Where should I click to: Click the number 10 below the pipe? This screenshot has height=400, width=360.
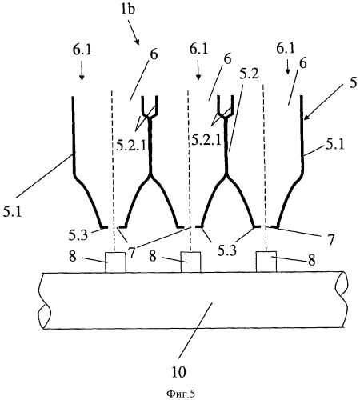click(x=178, y=371)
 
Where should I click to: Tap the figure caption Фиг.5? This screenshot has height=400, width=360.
click(x=181, y=394)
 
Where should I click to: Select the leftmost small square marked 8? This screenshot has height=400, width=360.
click(x=115, y=262)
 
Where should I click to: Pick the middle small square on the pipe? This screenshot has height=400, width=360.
click(x=191, y=262)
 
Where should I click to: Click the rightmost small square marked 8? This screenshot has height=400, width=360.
click(x=266, y=262)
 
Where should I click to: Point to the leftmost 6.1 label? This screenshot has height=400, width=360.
click(x=82, y=50)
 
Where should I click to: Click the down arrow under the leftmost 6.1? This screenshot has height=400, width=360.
click(x=82, y=70)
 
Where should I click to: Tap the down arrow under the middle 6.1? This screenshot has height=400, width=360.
click(x=198, y=70)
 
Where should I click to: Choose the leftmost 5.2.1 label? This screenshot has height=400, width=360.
click(x=132, y=146)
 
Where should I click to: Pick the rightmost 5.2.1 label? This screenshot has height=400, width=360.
click(x=206, y=140)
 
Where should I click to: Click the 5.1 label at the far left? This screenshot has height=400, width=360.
click(x=12, y=212)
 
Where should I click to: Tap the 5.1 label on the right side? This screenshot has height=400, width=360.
click(x=335, y=145)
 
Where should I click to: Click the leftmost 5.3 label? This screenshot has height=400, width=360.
click(x=78, y=236)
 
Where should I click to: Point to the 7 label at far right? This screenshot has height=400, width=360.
click(x=330, y=240)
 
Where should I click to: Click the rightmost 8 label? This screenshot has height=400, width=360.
click(x=312, y=260)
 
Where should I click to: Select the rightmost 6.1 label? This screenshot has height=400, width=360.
click(x=286, y=49)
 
